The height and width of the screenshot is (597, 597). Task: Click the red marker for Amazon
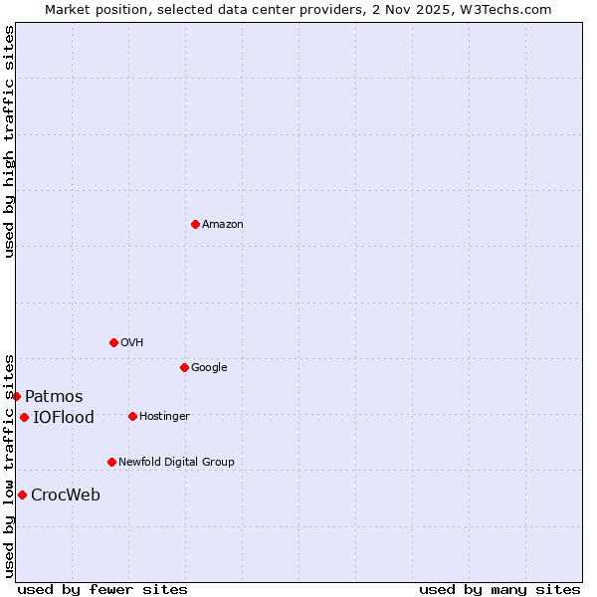point(195,224)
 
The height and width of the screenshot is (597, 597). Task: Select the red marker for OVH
point(113,342)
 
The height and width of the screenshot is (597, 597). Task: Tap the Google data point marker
point(184,367)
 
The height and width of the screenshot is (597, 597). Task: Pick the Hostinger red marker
point(132,416)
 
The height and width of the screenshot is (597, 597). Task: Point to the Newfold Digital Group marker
point(111,462)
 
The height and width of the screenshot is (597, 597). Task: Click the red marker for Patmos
point(16,396)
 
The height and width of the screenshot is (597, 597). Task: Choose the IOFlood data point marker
point(24,417)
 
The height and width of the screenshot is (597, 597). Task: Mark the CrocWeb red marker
point(22,495)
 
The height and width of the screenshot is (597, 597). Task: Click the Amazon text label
point(223,225)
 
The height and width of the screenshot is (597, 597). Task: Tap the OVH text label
point(132,343)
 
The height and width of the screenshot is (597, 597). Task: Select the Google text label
point(209,368)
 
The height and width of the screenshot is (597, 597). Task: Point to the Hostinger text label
point(164,417)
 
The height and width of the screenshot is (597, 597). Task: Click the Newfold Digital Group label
point(176,463)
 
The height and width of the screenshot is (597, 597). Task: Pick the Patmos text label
point(54,397)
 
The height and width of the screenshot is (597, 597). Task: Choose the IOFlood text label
point(64,418)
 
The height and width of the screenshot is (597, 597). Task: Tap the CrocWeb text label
point(66,496)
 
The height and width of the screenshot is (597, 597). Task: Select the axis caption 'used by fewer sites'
point(102,590)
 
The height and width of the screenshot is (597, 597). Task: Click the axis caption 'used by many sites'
point(499,590)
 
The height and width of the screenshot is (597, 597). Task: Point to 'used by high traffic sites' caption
point(9,141)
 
